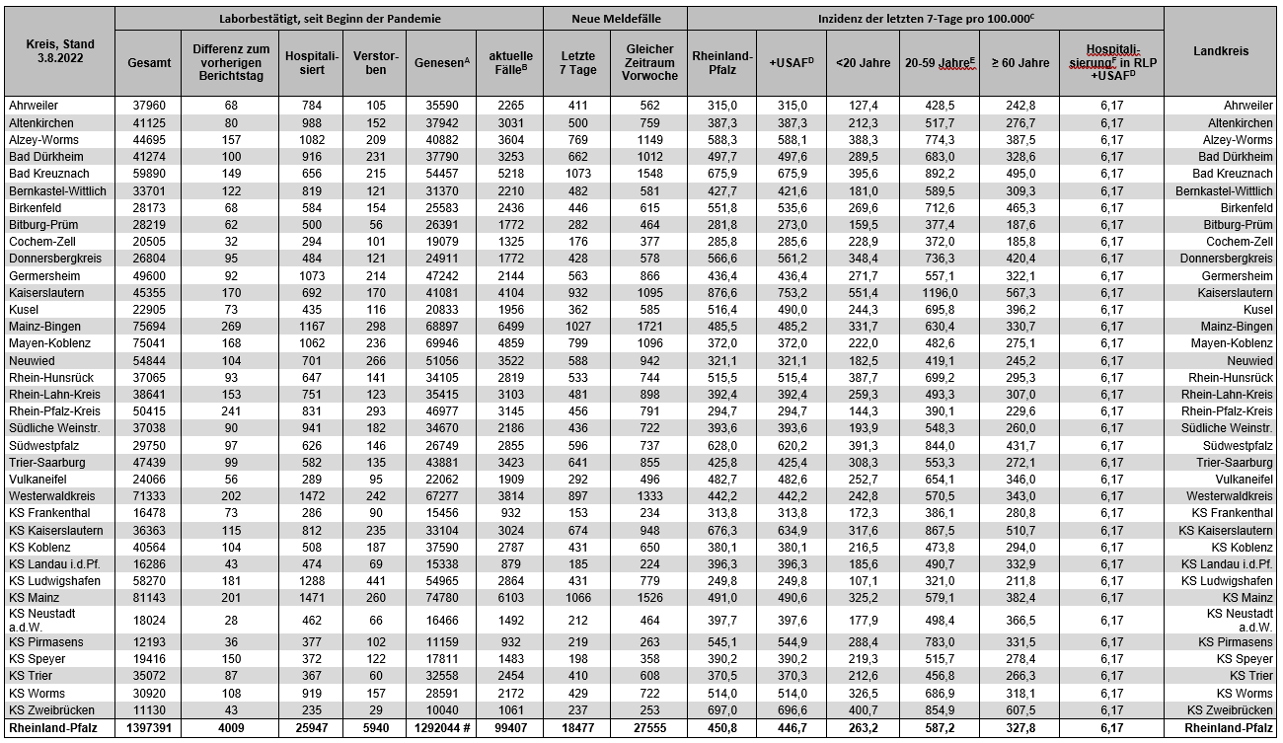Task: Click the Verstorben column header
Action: tap(369, 62)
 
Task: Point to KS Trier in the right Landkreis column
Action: tap(1247, 676)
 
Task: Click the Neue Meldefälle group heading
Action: tap(615, 19)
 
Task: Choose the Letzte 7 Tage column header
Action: tap(576, 62)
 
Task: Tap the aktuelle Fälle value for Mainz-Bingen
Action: tap(508, 327)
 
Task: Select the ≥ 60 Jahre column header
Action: tap(1019, 62)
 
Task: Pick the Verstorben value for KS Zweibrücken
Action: tap(369, 710)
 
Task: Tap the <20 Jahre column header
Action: tap(862, 62)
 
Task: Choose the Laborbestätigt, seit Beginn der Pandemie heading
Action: tap(329, 19)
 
